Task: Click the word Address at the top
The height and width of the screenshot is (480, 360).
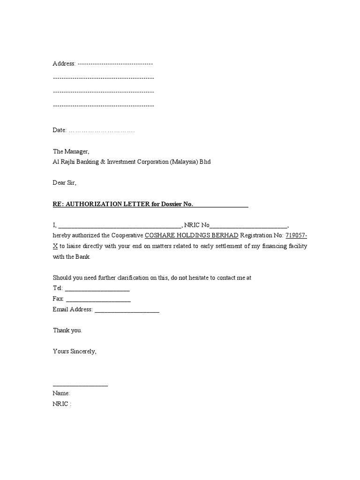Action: (63, 64)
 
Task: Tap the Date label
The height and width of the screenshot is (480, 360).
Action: (60, 130)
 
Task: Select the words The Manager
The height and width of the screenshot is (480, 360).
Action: (70, 151)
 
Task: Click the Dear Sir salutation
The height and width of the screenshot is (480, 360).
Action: (64, 183)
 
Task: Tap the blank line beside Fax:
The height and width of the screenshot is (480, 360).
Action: (98, 300)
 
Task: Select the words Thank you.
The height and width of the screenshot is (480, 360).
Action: (67, 330)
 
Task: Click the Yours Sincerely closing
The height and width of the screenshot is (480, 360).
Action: (75, 351)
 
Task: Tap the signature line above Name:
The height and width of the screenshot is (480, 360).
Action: (80, 385)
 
